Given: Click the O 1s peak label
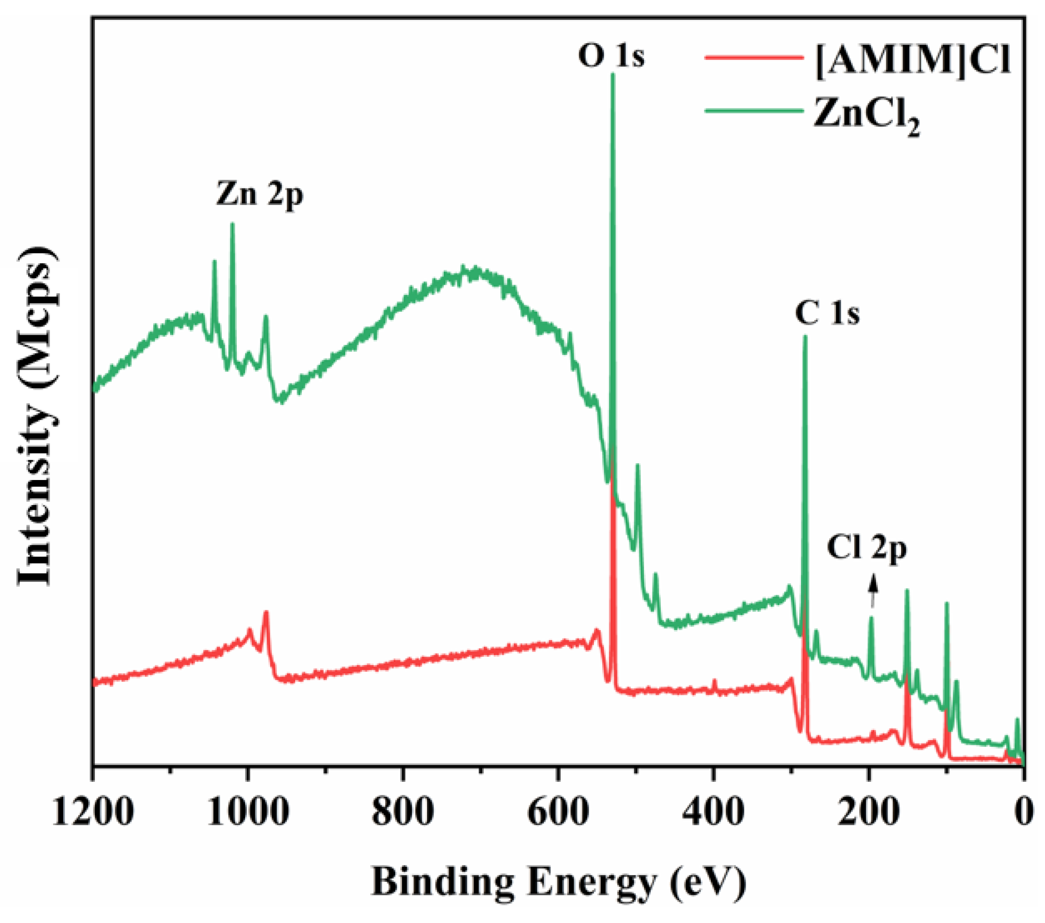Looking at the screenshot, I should (x=611, y=56).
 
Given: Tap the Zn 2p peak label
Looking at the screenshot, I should (x=259, y=195).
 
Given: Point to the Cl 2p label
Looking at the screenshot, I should (x=866, y=548).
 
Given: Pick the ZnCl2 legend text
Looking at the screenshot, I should (x=866, y=116).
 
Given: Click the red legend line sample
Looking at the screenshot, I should (x=753, y=58).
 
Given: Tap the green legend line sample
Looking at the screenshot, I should (x=753, y=110).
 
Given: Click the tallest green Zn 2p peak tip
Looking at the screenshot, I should (x=233, y=225).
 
